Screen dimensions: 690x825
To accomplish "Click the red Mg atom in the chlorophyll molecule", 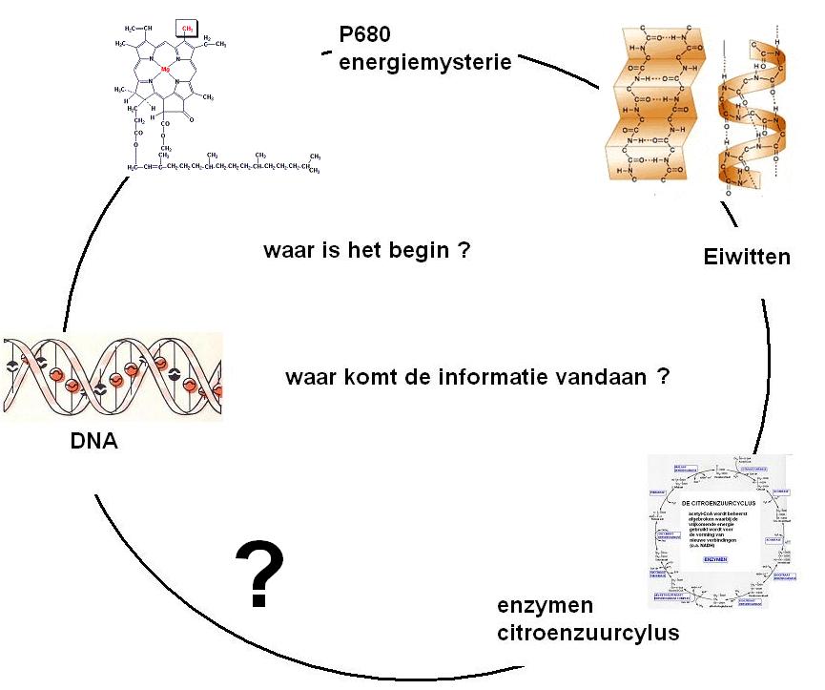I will [x=165, y=70].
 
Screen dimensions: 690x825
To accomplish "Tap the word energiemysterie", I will [x=425, y=63].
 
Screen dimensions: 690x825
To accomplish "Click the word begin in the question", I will [x=411, y=251].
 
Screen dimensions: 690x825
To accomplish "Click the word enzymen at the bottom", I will [x=546, y=606].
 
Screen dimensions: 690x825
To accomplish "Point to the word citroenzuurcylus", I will [x=588, y=632].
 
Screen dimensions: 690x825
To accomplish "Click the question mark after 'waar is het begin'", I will [x=464, y=251].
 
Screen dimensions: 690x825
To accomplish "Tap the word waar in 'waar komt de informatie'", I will [x=308, y=376].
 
